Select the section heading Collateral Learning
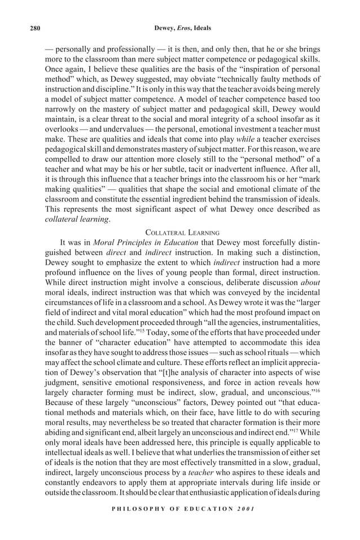(x=179, y=232)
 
